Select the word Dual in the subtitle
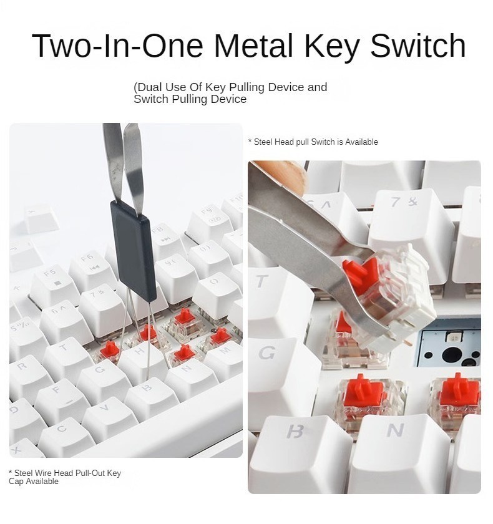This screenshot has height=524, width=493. (153, 87)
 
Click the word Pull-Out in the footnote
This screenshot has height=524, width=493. (89, 473)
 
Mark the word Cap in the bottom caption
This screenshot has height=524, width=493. (17, 482)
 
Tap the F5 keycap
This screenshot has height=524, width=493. (52, 281)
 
